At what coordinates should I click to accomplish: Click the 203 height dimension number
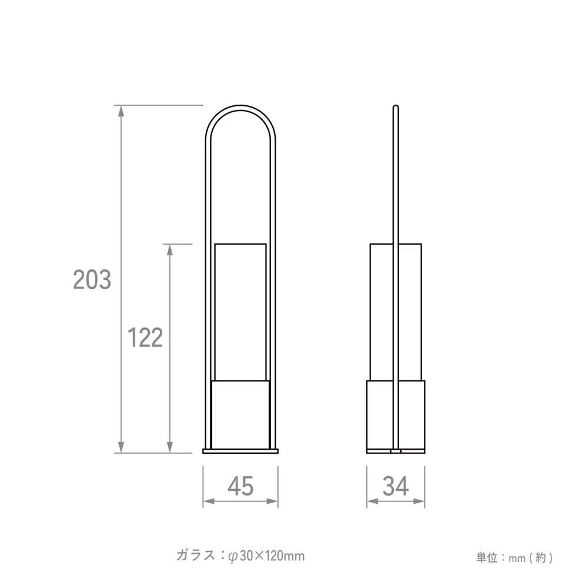pyautogui.click(x=92, y=279)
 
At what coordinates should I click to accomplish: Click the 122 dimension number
pyautogui.click(x=145, y=338)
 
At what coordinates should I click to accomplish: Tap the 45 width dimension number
pyautogui.click(x=240, y=486)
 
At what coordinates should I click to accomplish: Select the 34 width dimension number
pyautogui.click(x=396, y=486)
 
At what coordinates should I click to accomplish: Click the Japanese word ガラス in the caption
pyautogui.click(x=196, y=556)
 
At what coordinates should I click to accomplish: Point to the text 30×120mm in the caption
pyautogui.click(x=272, y=556)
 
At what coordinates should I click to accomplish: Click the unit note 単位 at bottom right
pyautogui.click(x=487, y=557)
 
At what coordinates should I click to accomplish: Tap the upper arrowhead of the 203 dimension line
pyautogui.click(x=121, y=111)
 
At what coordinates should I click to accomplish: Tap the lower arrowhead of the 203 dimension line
pyautogui.click(x=121, y=447)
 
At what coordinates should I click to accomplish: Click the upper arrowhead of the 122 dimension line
pyautogui.click(x=170, y=250)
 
